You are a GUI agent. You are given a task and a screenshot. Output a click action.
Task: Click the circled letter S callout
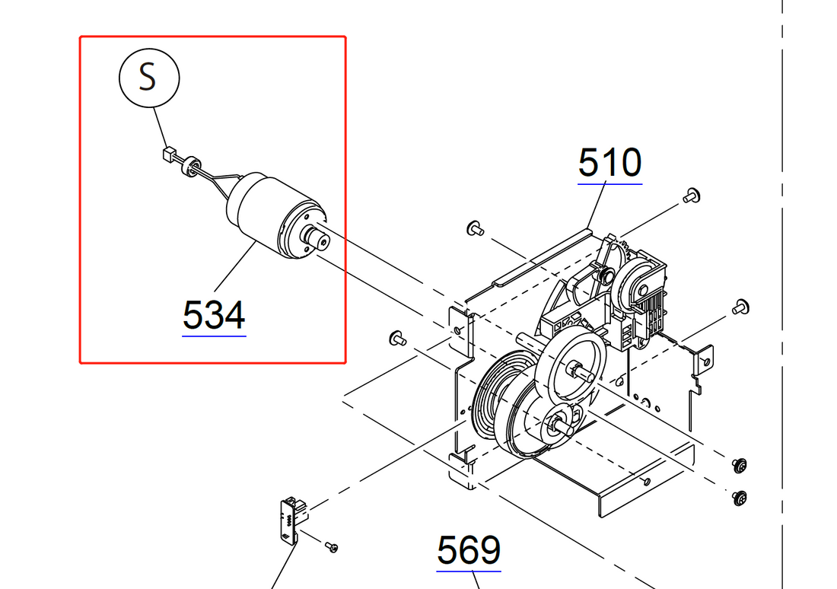[149, 77]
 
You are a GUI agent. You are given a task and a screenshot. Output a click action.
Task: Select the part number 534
[214, 315]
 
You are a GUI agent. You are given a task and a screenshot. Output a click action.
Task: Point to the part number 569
[469, 550]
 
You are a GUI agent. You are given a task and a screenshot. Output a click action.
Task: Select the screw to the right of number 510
[692, 195]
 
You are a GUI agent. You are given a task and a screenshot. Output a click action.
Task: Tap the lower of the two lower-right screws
[738, 498]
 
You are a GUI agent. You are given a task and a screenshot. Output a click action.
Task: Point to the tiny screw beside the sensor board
[331, 546]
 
